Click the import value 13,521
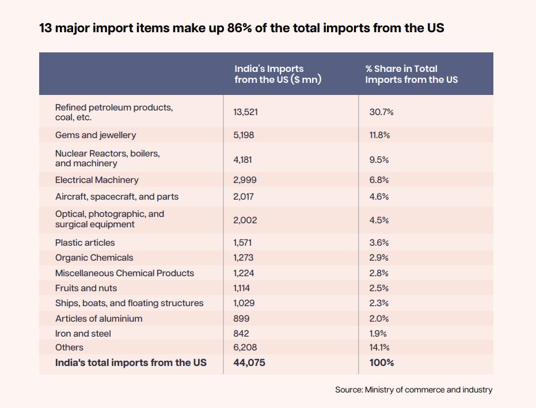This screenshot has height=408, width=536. (x=246, y=112)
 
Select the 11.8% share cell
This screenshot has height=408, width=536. (x=379, y=135)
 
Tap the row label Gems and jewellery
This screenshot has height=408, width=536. (x=96, y=135)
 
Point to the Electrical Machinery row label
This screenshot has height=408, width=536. (x=97, y=180)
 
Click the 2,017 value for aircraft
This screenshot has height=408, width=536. (x=245, y=196)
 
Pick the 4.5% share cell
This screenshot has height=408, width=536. (x=379, y=220)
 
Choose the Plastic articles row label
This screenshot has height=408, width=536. (x=85, y=242)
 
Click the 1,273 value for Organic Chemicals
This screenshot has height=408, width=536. (x=244, y=257)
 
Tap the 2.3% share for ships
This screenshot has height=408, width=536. (x=379, y=303)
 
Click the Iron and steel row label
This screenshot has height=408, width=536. (x=83, y=333)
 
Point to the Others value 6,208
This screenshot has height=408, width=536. (x=245, y=347)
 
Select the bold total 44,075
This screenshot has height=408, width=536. (x=249, y=363)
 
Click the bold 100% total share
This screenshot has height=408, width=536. (x=381, y=363)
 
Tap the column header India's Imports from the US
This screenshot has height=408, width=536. (x=277, y=74)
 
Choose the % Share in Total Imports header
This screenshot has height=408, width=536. (x=411, y=74)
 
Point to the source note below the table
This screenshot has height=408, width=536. (x=413, y=390)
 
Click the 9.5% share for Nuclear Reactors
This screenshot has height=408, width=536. (x=379, y=159)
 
